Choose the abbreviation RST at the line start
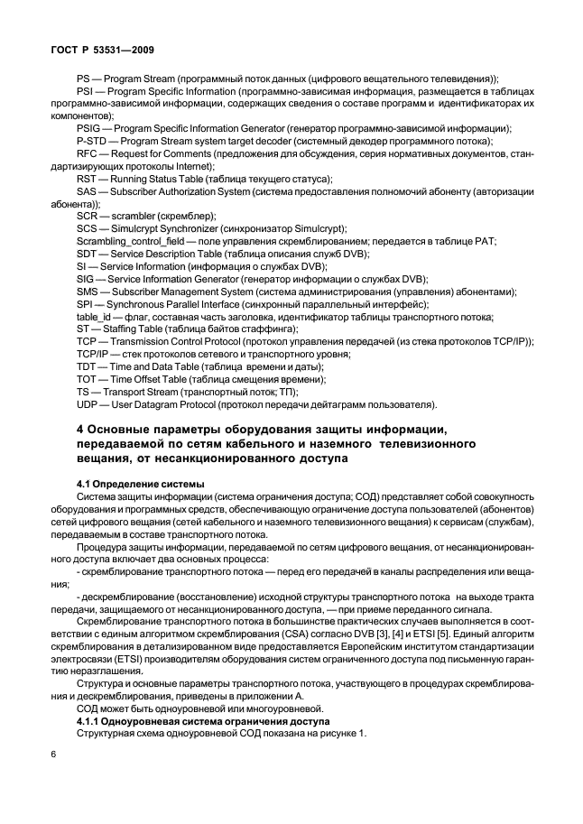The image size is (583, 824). (x=88, y=180)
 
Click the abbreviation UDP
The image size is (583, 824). (x=88, y=404)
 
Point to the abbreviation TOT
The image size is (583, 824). (x=88, y=380)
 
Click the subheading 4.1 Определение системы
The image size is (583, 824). (x=140, y=484)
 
